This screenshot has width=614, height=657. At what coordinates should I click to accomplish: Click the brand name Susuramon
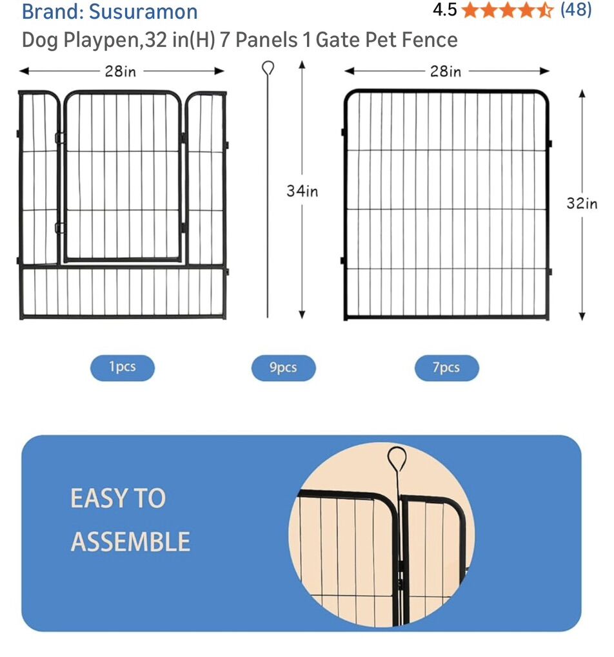click(x=143, y=12)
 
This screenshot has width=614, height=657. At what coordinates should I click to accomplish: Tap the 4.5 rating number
click(x=444, y=10)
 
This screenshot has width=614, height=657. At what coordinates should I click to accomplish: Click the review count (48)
click(x=576, y=10)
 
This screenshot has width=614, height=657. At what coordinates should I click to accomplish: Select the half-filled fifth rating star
click(x=545, y=10)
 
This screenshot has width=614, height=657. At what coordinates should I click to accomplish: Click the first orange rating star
click(x=471, y=10)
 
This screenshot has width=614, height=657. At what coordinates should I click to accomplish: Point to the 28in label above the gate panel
click(x=121, y=71)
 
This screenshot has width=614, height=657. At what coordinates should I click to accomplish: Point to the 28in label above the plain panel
click(x=445, y=71)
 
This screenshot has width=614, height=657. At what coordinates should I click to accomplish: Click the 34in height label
click(x=302, y=191)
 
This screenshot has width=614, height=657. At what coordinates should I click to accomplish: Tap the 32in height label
click(x=582, y=203)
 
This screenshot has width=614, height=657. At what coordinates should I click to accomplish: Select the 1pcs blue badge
click(x=123, y=368)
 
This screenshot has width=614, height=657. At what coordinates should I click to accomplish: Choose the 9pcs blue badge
click(x=283, y=368)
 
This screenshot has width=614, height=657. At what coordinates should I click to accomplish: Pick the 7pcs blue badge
click(x=446, y=368)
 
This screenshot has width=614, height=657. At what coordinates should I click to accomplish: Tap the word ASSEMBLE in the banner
click(x=130, y=541)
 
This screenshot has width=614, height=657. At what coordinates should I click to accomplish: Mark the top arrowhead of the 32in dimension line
click(x=582, y=93)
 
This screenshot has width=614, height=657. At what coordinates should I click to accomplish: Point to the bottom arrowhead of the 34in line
click(x=302, y=315)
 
